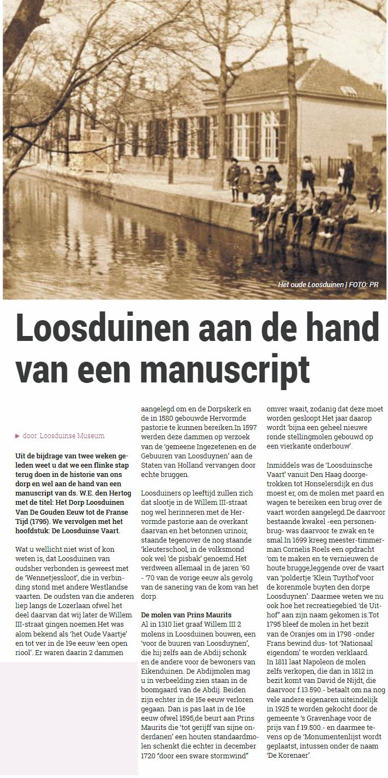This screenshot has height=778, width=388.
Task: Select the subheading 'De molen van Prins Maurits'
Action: (186, 615)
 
